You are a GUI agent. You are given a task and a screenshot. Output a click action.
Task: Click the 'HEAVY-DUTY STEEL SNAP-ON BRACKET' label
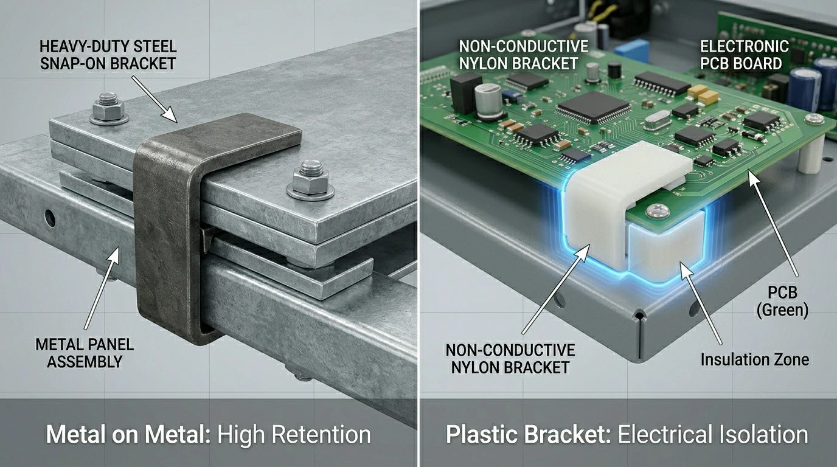pyautogui.click(x=108, y=55)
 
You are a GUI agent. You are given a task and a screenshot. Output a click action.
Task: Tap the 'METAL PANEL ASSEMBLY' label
pyautogui.click(x=85, y=353)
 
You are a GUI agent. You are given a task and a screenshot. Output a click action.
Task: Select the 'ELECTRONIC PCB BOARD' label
pyautogui.click(x=744, y=55)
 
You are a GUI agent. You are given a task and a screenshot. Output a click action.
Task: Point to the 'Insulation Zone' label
pyautogui.click(x=755, y=359)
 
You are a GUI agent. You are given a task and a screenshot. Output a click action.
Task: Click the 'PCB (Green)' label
pyautogui.click(x=782, y=301)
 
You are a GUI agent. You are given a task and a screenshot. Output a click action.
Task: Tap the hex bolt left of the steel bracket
pyautogui.click(x=109, y=109)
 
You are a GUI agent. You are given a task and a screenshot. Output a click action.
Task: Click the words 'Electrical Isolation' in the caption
pyautogui.click(x=713, y=435)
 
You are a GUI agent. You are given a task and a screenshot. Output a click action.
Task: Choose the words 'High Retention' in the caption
pyautogui.click(x=294, y=435)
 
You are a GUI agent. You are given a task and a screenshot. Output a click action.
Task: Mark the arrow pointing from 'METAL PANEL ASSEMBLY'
pyautogui.click(x=102, y=288)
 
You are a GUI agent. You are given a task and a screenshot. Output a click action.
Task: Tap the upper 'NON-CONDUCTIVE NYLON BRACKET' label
pyautogui.click(x=523, y=55)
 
